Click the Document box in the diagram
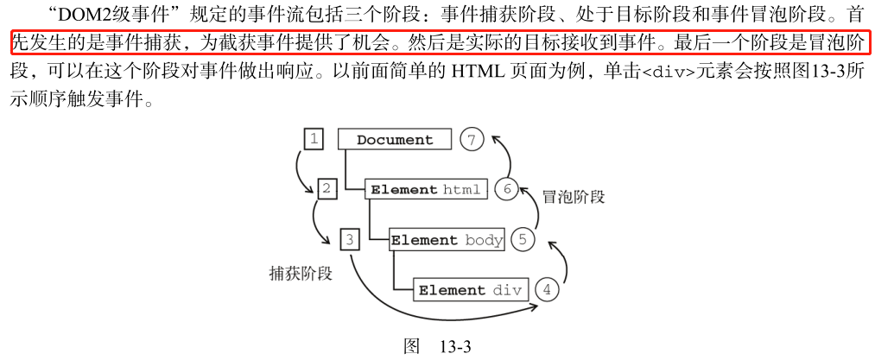(x=395, y=140)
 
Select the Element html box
(x=427, y=189)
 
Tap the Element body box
(x=447, y=240)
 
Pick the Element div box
(x=472, y=290)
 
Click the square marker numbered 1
(x=314, y=139)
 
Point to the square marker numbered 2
(x=327, y=189)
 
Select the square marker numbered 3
(x=349, y=240)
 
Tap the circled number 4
(x=546, y=290)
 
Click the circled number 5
(x=523, y=240)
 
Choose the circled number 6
(x=507, y=189)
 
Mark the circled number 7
(x=472, y=140)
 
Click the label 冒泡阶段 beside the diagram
(x=574, y=197)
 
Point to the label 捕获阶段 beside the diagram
(x=301, y=273)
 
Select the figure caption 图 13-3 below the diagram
(x=437, y=346)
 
